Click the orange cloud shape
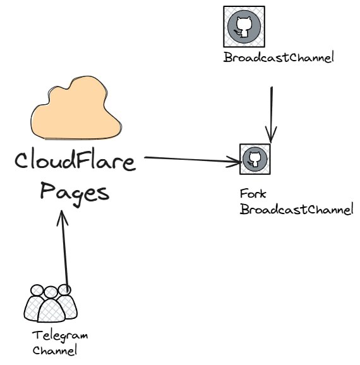(x=76, y=109)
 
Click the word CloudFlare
(x=75, y=160)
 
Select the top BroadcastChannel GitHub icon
(x=244, y=27)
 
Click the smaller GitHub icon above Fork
(x=255, y=159)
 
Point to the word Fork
(x=253, y=194)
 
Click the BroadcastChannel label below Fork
(x=297, y=209)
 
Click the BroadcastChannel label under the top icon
(x=279, y=57)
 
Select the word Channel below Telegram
(x=55, y=350)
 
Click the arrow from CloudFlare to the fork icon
(x=193, y=160)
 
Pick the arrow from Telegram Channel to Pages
(x=64, y=251)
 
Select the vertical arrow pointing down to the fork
(x=272, y=115)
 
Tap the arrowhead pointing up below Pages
(x=62, y=218)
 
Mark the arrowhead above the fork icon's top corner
(x=271, y=135)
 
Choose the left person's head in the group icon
(x=37, y=290)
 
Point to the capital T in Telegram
(x=37, y=335)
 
